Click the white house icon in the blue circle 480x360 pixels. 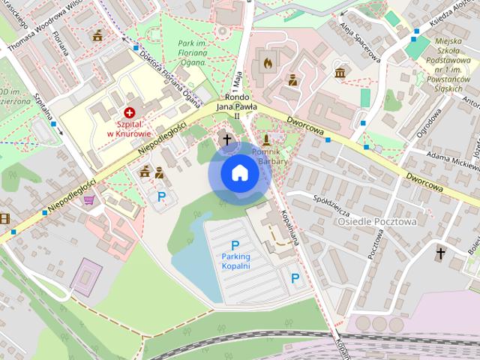click(239, 173)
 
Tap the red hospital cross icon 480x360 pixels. click(129, 111)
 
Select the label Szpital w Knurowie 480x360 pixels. click(129, 127)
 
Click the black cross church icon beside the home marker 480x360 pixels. click(227, 139)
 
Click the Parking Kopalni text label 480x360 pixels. click(235, 261)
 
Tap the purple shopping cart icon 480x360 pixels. click(88, 199)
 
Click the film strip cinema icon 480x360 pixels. click(4, 218)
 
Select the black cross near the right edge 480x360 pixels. click(441, 253)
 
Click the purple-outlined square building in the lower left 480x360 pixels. click(85, 277)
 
